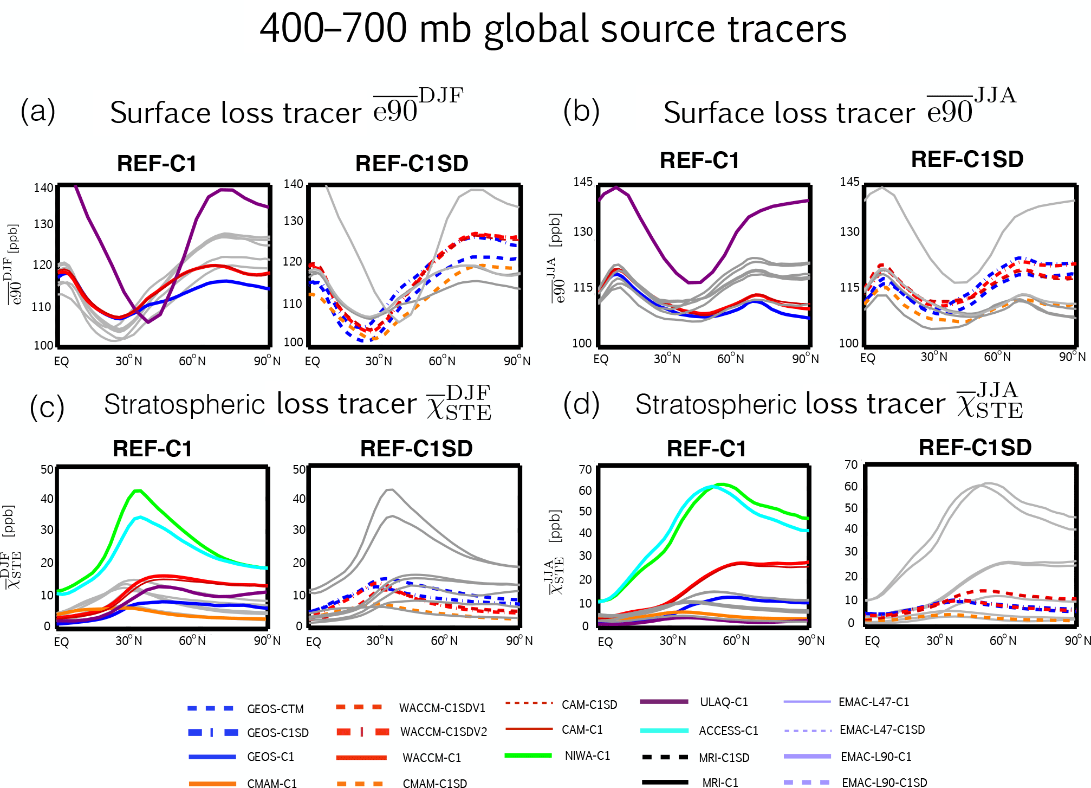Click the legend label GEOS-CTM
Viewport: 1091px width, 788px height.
click(275, 709)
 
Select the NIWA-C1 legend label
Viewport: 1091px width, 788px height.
click(587, 755)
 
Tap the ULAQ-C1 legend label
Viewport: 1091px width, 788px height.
click(724, 702)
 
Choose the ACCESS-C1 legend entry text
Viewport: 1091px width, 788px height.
click(729, 731)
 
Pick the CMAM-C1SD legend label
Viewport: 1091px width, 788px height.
click(434, 783)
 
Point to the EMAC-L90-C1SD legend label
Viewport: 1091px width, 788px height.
click(884, 783)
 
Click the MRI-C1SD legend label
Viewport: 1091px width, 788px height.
click(724, 758)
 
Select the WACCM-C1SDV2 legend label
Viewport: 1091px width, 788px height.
click(444, 732)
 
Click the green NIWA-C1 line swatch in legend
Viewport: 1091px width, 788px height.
click(528, 755)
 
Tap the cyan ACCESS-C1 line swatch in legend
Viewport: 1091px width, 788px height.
click(664, 731)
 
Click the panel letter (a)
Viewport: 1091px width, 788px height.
click(38, 111)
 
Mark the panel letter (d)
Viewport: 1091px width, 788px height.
click(581, 405)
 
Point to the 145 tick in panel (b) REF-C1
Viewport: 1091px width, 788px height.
click(583, 182)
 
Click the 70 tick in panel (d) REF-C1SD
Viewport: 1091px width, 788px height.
click(851, 464)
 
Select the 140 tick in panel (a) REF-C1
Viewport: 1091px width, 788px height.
click(43, 188)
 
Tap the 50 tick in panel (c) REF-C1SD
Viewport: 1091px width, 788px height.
click(299, 469)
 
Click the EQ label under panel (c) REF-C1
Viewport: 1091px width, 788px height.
click(61, 642)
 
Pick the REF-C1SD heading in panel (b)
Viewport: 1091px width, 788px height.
click(967, 159)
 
